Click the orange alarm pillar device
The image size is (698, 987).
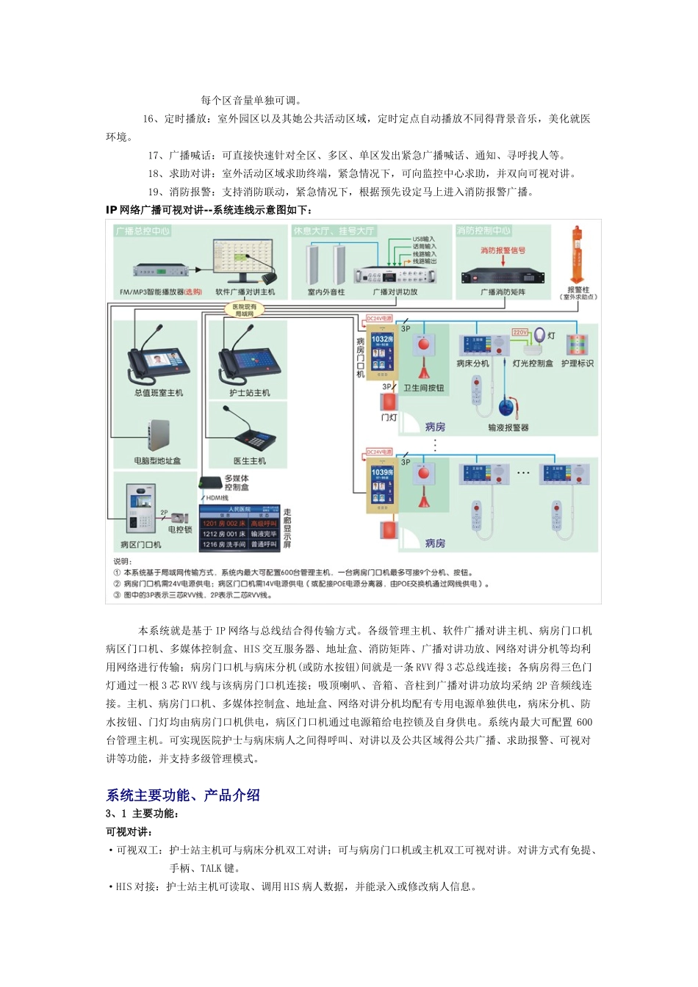pyautogui.click(x=578, y=254)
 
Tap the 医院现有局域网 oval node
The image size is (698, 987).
pyautogui.click(x=245, y=310)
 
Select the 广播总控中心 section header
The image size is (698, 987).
pyautogui.click(x=143, y=231)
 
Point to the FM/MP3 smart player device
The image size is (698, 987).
pyautogui.click(x=161, y=270)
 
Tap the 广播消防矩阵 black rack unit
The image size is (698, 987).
pyautogui.click(x=503, y=276)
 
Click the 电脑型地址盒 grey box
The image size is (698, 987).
pyautogui.click(x=157, y=436)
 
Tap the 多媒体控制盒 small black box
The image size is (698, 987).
pyautogui.click(x=211, y=483)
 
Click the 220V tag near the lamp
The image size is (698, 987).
pyautogui.click(x=519, y=333)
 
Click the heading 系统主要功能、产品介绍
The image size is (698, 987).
pyautogui.click(x=183, y=795)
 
